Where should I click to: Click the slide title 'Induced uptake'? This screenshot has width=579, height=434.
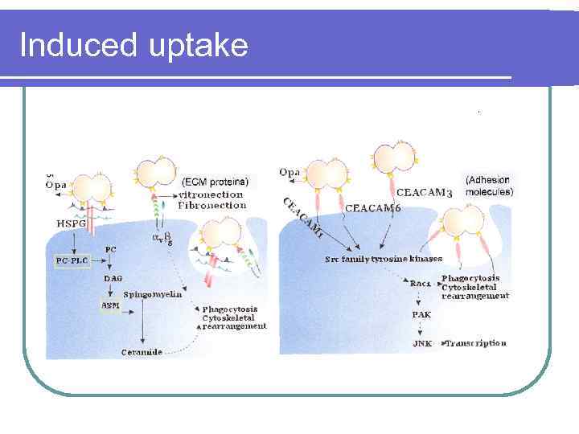pos(133,45)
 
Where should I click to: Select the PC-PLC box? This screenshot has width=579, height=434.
pos(73,261)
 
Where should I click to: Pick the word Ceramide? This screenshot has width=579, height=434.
pos(142,352)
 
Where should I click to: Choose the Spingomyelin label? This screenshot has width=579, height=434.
pos(153,294)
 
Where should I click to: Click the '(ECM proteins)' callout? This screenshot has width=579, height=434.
pos(215,181)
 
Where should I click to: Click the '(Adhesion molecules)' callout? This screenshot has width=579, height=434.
pos(488,186)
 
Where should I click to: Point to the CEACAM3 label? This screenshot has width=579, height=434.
pos(425,193)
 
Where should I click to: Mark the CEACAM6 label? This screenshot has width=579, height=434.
pos(373,208)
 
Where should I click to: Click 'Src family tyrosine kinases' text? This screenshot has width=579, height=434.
pos(384,259)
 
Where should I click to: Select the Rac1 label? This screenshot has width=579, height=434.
pos(420,284)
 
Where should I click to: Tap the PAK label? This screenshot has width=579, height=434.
pos(421,315)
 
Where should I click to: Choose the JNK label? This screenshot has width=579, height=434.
pos(422,343)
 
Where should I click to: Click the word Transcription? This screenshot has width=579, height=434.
pos(477,343)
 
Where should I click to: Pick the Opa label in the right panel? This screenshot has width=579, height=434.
pos(289,172)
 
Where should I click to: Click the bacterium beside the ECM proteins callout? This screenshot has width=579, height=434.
pos(156,172)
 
